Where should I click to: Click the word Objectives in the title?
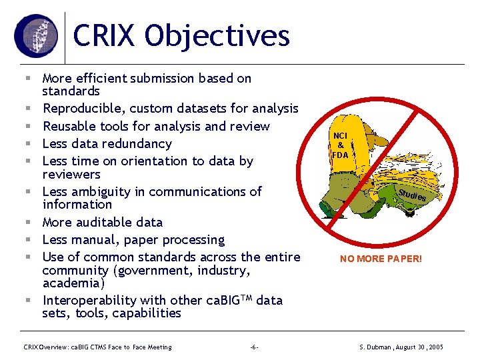pos(219,37)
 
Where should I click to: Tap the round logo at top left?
pos(36,35)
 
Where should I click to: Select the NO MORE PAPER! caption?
pos(381,259)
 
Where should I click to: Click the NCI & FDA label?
pos(340,145)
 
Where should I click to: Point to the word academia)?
pos(71,283)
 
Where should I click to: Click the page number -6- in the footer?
pos(254,347)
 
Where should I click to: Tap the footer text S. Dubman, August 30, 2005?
pos(401,347)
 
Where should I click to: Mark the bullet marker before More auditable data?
pos(31,222)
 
